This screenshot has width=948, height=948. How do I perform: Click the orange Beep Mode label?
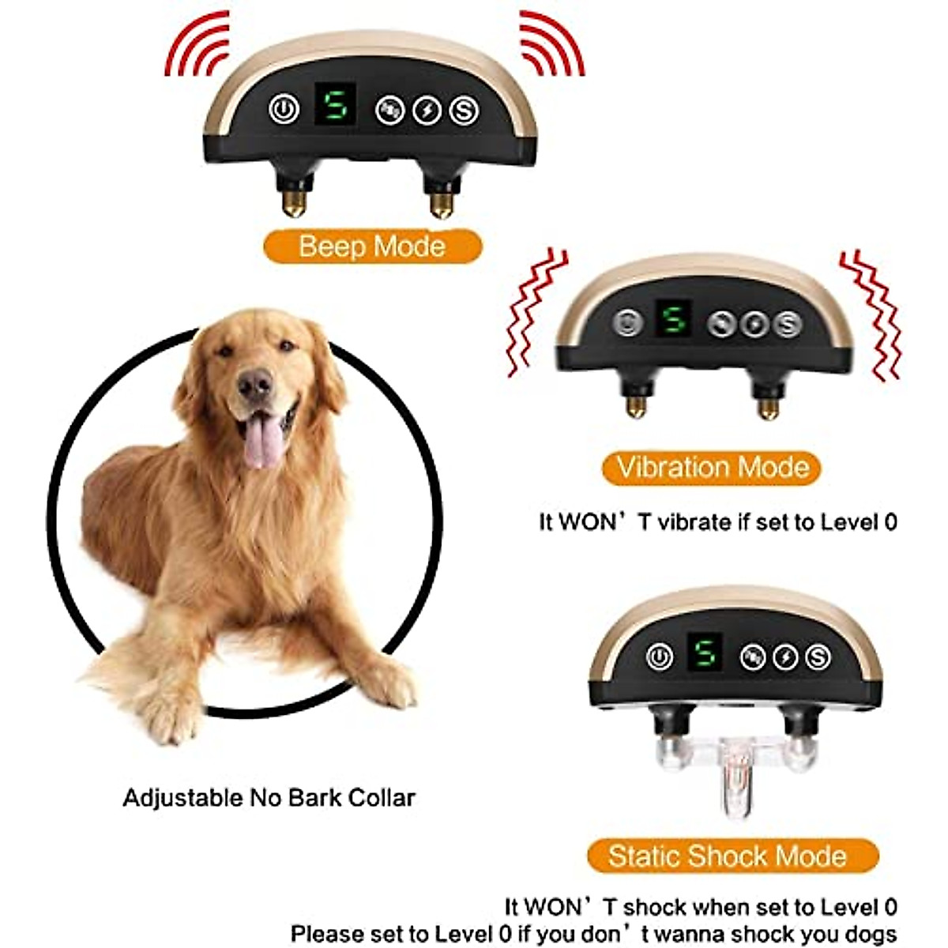point(372,246)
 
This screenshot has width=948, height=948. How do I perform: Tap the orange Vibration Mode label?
point(712,468)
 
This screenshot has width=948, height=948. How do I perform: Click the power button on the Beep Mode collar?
point(284,109)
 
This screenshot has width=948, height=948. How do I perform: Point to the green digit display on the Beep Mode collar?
point(335,105)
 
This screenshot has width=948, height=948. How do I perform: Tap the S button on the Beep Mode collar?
point(464,111)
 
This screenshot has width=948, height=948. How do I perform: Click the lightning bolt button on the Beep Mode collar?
point(427,111)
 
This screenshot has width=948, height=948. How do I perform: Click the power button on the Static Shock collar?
point(660,656)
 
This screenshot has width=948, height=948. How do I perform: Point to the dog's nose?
point(254,384)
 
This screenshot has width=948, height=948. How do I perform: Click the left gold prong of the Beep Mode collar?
point(293,202)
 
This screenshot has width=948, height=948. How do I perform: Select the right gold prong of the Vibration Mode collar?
point(767,407)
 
